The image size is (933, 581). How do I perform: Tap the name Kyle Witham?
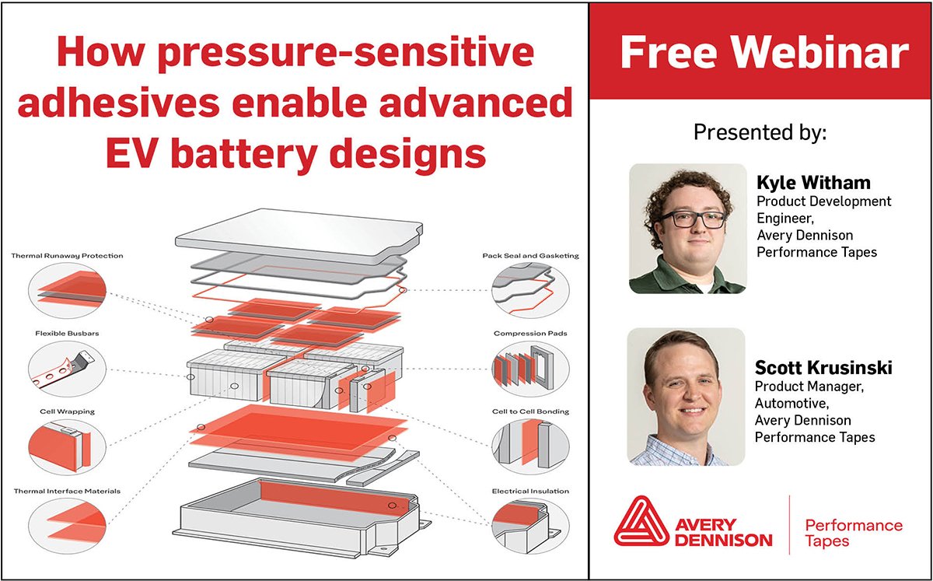coord(813,183)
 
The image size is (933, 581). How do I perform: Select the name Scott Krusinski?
coord(823,368)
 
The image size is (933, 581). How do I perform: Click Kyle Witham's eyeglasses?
coord(691,219)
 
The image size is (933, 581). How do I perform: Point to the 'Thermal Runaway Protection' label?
coord(67,255)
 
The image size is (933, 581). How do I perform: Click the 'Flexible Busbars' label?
coord(67,334)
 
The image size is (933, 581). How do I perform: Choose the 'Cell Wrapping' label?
coord(67,411)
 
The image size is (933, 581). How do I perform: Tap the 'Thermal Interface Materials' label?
coord(67,491)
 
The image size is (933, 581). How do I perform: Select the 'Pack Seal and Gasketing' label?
coord(530,255)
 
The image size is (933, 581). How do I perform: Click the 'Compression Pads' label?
coord(530,334)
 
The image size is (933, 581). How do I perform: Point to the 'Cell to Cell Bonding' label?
coord(530,411)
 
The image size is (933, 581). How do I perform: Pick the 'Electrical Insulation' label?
coord(530,491)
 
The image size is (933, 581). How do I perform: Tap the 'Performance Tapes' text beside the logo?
coord(854,533)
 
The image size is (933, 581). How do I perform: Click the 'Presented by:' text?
coord(760,132)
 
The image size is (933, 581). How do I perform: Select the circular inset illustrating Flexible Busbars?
coord(67,369)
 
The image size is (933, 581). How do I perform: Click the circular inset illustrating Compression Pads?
coord(530,369)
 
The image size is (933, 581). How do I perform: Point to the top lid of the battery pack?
coord(299,236)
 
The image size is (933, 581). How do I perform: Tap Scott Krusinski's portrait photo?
coord(686,397)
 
